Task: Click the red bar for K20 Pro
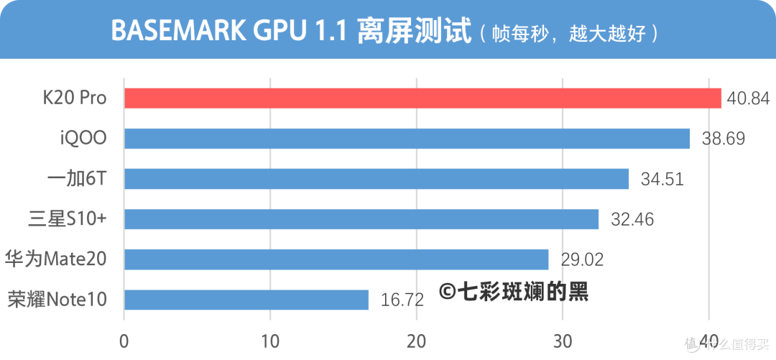pyautogui.click(x=422, y=98)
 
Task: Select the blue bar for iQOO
pyautogui.click(x=407, y=139)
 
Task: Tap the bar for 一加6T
pyautogui.click(x=377, y=179)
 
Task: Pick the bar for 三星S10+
pyautogui.click(x=361, y=219)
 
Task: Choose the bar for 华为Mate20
pyautogui.click(x=336, y=259)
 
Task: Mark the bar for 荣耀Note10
pyautogui.click(x=246, y=300)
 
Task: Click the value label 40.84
pyautogui.click(x=748, y=98)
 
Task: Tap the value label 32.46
pyautogui.click(x=632, y=219)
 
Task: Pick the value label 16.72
pyautogui.click(x=402, y=300)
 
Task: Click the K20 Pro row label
pyautogui.click(x=75, y=98)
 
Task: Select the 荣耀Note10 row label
pyautogui.click(x=57, y=300)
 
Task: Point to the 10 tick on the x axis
pyautogui.click(x=270, y=340)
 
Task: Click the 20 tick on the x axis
pyautogui.click(x=417, y=340)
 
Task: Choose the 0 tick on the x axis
pyautogui.click(x=124, y=340)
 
